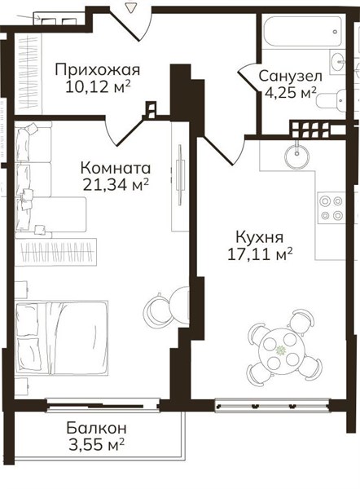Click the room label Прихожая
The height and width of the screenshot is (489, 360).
(98, 70)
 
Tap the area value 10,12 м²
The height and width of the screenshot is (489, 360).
(98, 87)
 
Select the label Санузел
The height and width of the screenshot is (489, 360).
(290, 76)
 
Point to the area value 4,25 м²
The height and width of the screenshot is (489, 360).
(291, 92)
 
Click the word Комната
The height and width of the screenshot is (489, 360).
(116, 169)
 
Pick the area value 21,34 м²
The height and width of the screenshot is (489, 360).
(116, 185)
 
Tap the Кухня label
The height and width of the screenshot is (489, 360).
(260, 237)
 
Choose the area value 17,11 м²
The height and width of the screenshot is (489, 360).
(260, 254)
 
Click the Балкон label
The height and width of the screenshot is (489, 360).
(96, 428)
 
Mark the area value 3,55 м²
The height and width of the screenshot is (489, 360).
(97, 444)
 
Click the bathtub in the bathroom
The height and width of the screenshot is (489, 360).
(302, 31)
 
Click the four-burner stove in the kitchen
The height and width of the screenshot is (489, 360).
(331, 208)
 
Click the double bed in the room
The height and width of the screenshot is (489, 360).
(61, 337)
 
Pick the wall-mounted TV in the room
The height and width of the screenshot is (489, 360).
(180, 174)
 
